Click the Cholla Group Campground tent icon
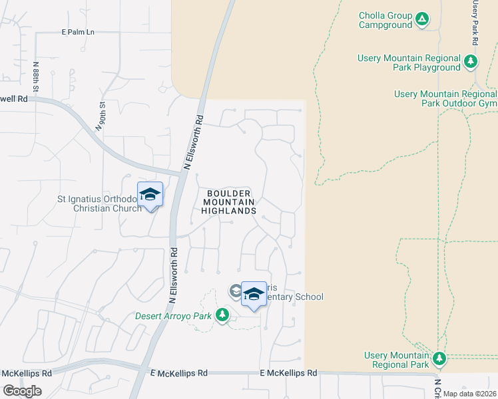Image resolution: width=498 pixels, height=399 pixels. point(422,19)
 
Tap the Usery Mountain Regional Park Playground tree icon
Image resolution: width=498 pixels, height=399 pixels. point(471,62)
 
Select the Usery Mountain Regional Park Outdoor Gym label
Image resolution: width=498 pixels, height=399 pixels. point(445,98)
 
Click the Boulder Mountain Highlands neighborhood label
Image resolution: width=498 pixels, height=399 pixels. point(229,201)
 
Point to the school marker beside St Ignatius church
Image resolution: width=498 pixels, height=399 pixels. point(150,195)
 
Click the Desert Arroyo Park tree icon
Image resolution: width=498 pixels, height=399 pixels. point(223,315)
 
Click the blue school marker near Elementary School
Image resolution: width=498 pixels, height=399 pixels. point(254,295)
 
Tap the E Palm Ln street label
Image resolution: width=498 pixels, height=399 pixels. point(78,32)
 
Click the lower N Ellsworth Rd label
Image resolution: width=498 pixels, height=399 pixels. point(172,277)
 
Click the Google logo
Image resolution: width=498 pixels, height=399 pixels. point(22,391)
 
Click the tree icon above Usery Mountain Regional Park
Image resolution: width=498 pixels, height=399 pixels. point(438,359)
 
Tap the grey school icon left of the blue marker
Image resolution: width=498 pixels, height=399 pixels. point(236,291)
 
